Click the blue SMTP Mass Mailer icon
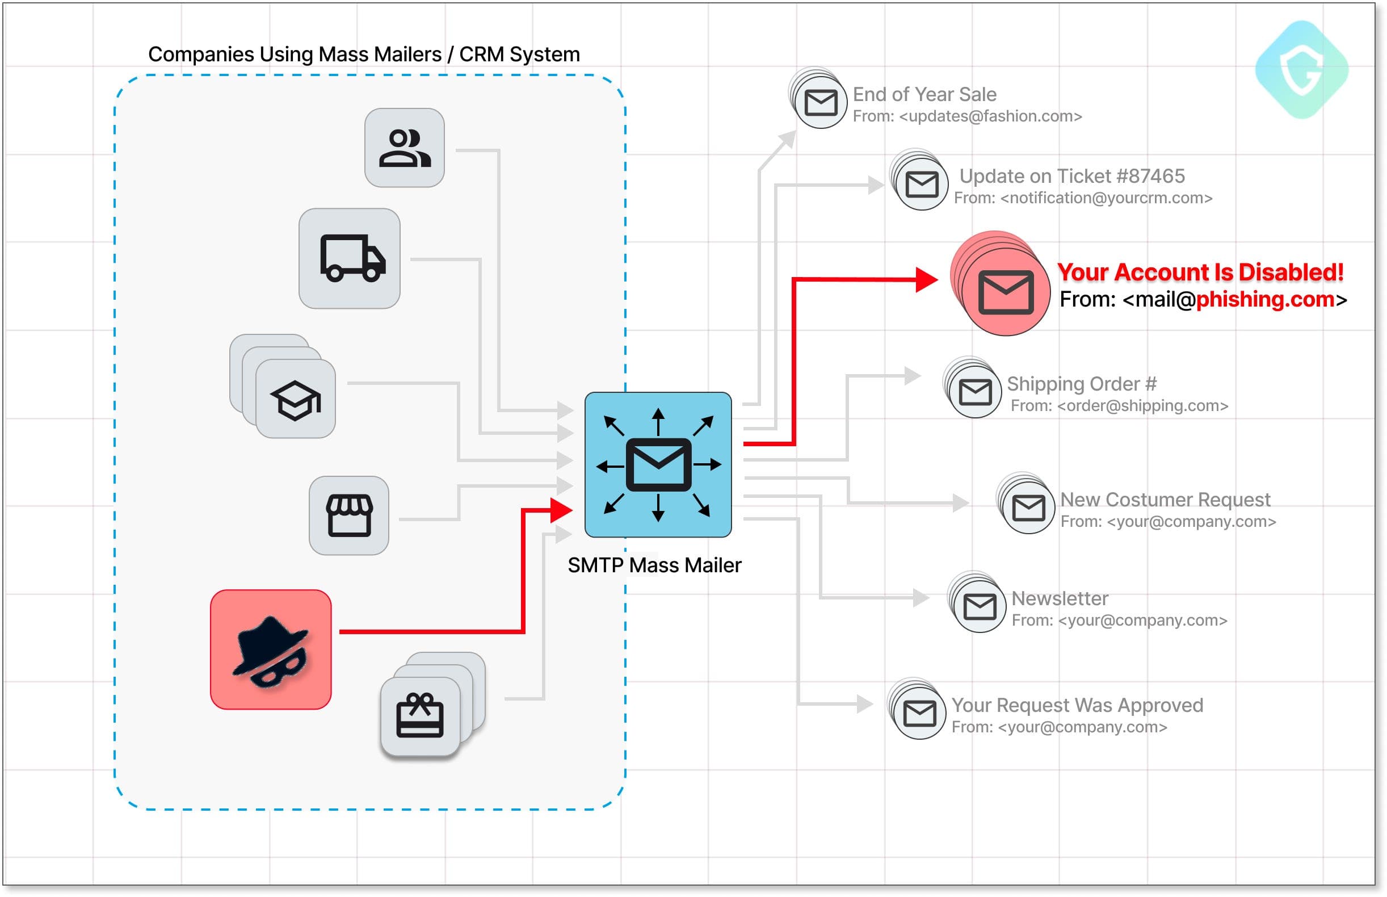657,464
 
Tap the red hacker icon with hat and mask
270,649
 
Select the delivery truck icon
350,258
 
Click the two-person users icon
404,148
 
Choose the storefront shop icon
349,515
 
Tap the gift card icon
419,716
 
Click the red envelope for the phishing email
1005,291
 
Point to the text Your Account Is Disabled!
1200,272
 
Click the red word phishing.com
1265,299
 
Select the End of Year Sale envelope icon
820,103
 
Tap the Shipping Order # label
1081,383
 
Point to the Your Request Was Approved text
1077,705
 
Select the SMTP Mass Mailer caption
654,565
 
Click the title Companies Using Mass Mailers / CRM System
364,54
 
